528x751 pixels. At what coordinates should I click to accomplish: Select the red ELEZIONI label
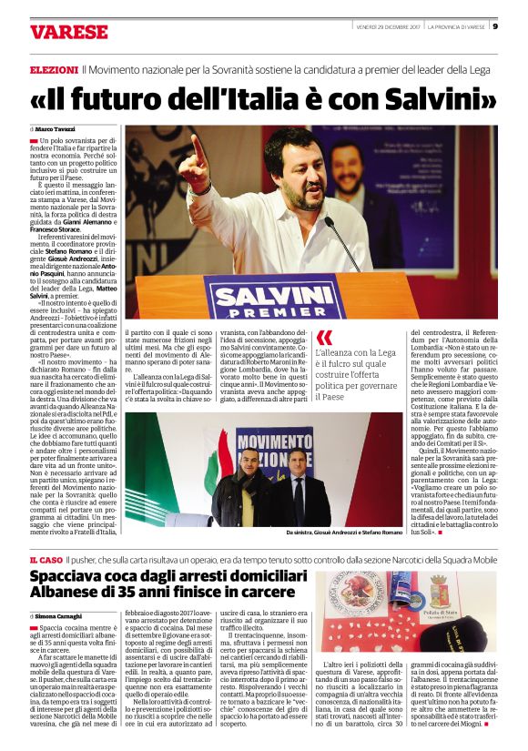(x=53, y=69)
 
